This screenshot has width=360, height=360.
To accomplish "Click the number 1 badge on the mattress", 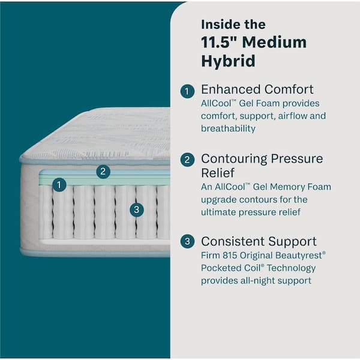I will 59,185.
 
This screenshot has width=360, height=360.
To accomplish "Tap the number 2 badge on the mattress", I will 103,172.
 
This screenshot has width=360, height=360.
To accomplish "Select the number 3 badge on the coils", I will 137,210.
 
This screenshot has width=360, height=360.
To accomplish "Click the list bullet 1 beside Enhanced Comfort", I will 188,91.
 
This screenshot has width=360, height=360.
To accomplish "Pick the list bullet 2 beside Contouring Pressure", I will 188,160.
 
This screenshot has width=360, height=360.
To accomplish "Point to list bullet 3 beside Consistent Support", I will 188,242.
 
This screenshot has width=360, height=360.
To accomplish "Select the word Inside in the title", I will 218,25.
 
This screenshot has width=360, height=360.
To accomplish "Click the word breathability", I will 228,128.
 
